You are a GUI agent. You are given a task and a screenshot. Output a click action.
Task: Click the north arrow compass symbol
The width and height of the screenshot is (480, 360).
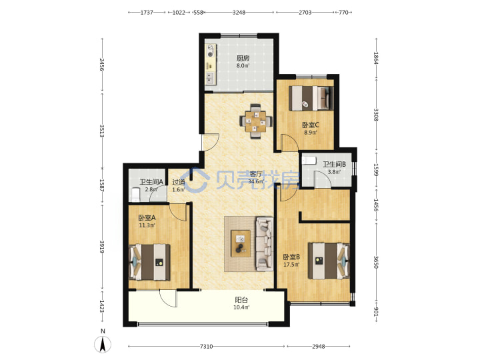click(103, 344)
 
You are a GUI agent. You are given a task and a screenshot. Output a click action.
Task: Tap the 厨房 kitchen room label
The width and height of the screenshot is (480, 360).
click(243, 58)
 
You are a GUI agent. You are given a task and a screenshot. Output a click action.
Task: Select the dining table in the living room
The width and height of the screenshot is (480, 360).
click(255, 121)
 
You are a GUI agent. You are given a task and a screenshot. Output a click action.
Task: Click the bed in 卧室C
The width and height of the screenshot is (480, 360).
click(311, 97)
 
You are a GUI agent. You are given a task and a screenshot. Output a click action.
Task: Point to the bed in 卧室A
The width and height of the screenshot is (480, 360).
click(150, 262)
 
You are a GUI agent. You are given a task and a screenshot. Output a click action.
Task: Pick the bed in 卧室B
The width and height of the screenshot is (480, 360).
click(329, 261)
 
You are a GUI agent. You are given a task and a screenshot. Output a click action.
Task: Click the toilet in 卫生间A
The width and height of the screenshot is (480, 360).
click(135, 195)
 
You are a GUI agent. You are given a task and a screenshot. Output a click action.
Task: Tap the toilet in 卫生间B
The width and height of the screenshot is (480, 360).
click(309, 160)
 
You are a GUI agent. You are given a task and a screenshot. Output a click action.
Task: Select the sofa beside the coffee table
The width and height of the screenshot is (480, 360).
click(264, 244)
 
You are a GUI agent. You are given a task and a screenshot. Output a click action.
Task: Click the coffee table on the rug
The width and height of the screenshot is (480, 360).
click(241, 243)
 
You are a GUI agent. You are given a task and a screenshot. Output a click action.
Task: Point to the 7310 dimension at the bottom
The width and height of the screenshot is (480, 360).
click(206, 346)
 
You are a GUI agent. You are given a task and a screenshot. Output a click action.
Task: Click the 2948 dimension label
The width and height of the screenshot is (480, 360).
click(319, 346)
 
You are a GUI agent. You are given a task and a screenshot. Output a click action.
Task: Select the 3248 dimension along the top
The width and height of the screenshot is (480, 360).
click(239, 13)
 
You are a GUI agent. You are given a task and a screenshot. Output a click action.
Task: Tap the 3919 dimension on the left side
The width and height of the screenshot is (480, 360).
click(102, 247)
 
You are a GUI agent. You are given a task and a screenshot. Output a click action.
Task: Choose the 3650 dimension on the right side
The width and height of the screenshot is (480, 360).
click(376, 263)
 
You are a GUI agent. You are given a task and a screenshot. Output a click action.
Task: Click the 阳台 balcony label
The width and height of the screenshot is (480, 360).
click(241, 300)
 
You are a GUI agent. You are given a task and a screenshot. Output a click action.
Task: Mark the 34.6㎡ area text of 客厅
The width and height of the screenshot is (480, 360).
click(255, 181)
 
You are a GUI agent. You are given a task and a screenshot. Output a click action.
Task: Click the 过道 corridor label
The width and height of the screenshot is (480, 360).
click(179, 182)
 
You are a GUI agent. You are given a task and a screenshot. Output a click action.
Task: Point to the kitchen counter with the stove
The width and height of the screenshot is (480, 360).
click(211, 65)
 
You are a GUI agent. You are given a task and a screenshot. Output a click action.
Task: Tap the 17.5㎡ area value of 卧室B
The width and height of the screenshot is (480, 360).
click(291, 265)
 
